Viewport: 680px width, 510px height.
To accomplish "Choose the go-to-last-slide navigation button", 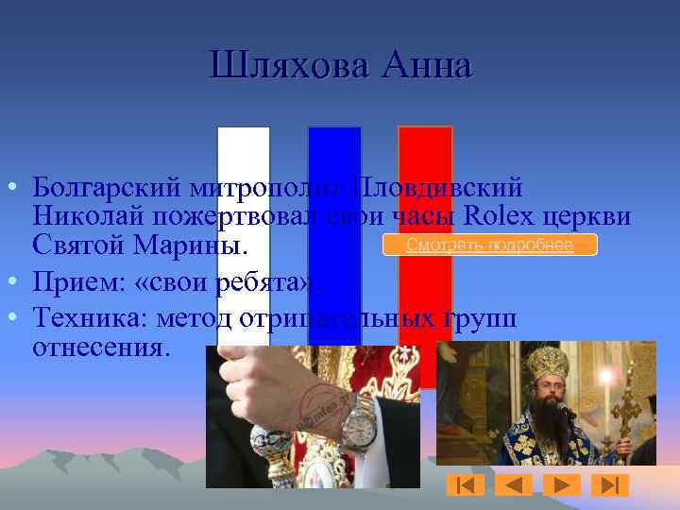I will click(x=609, y=485).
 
